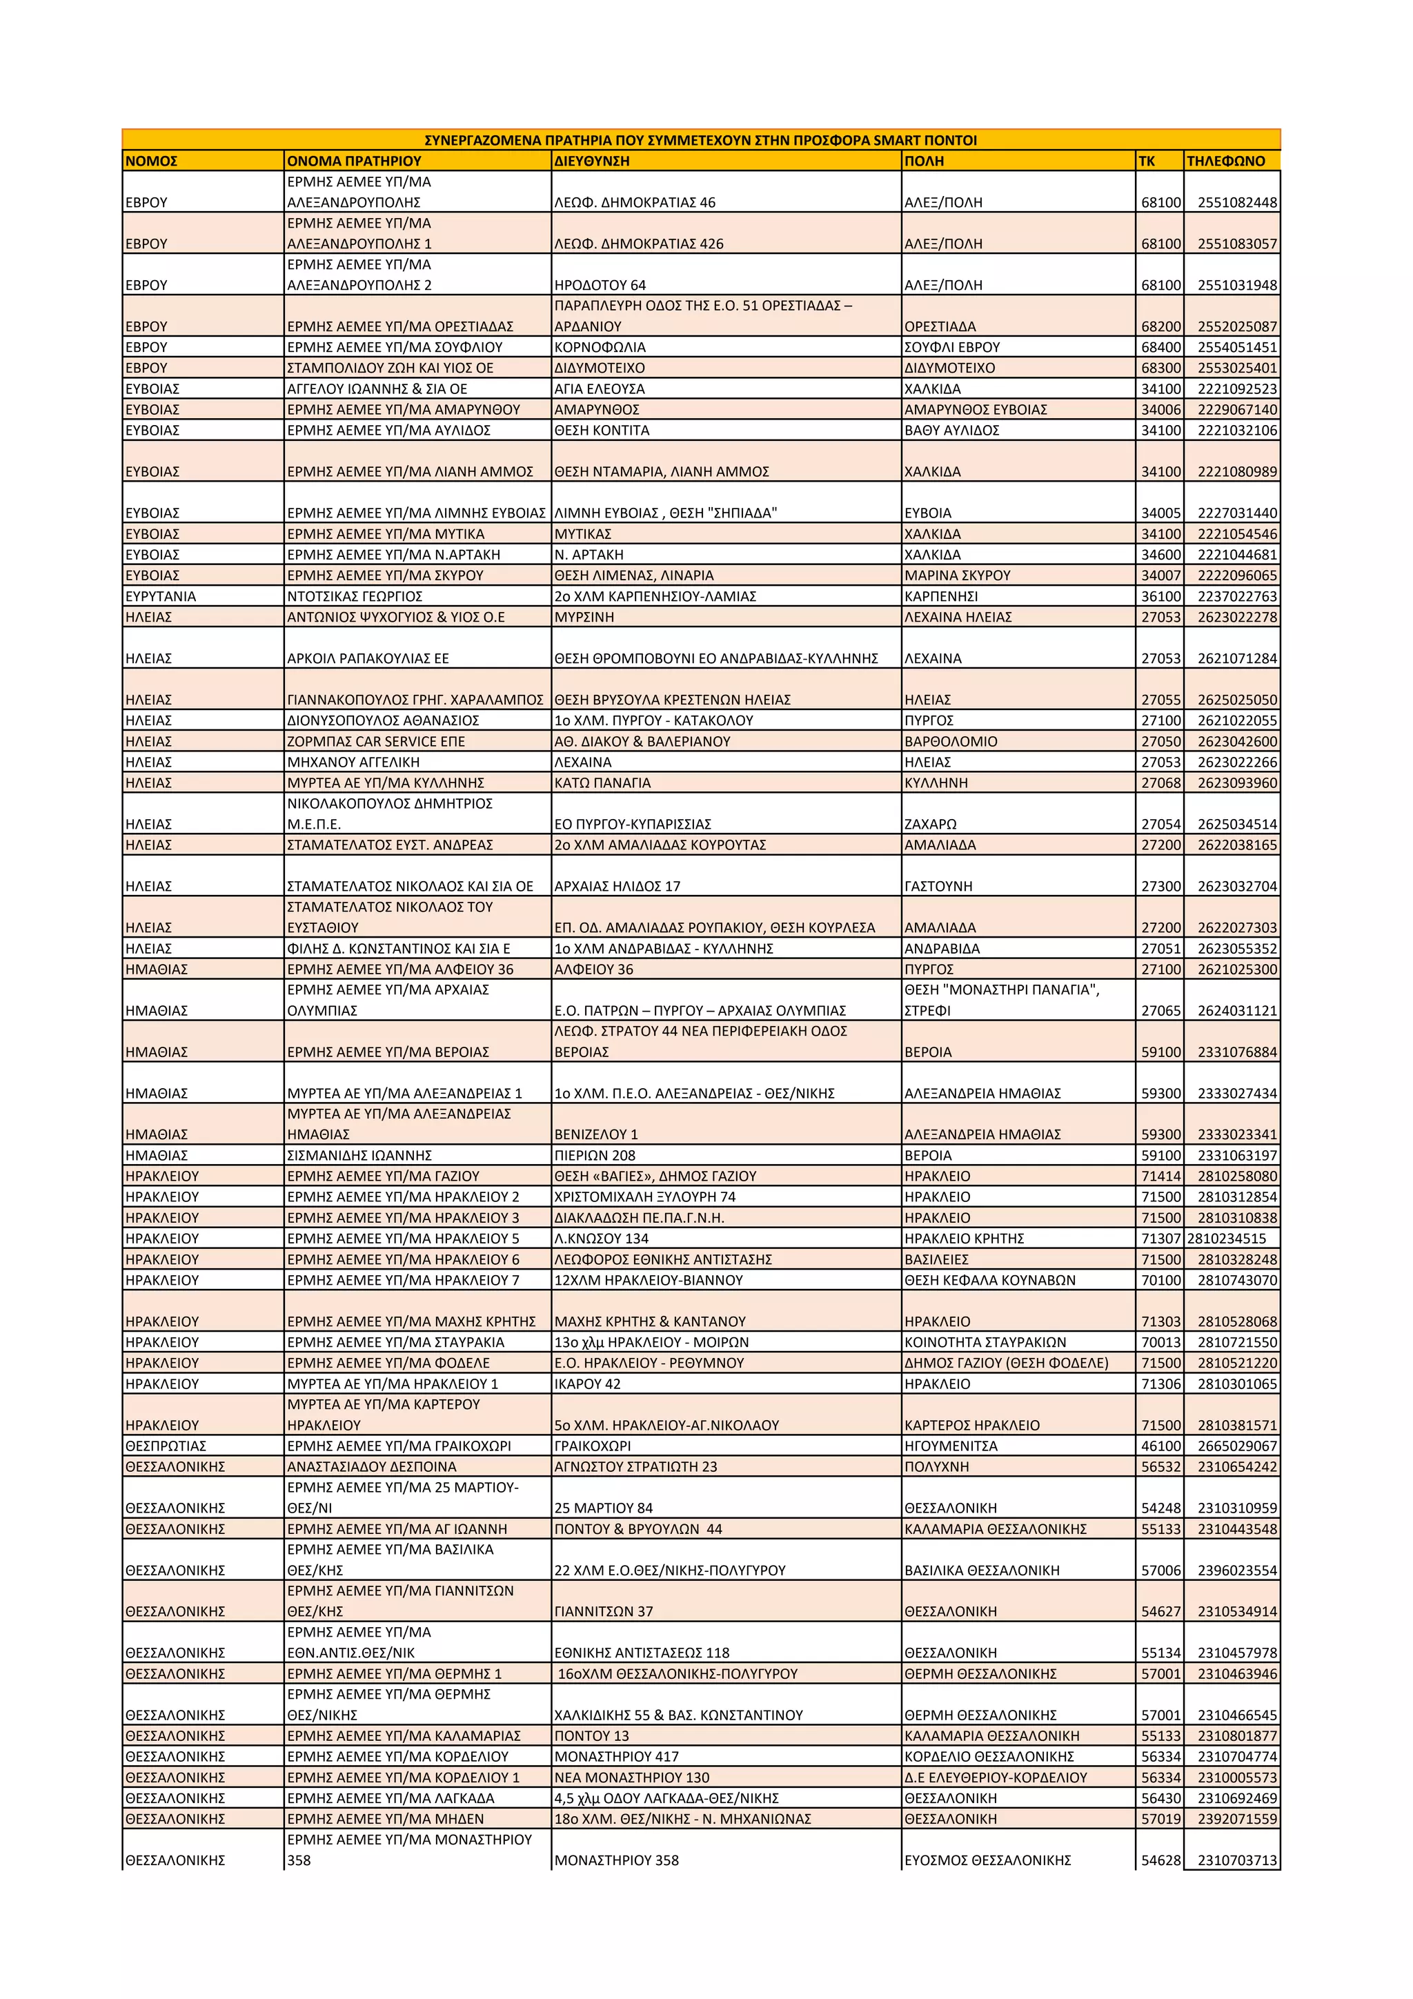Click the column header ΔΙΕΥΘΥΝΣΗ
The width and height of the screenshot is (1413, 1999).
tap(591, 161)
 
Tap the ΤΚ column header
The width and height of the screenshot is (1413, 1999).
tap(1147, 161)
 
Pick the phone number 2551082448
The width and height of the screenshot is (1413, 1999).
tap(1236, 203)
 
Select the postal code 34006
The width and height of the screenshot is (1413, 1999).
tap(1160, 410)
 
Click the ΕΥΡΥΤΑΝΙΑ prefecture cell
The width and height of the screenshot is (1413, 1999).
tap(160, 596)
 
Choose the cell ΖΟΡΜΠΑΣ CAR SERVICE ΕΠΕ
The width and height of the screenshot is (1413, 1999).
tap(376, 742)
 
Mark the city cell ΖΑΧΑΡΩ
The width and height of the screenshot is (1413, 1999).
tap(930, 825)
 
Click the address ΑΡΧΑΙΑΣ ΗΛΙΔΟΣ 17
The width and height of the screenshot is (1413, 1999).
tap(617, 886)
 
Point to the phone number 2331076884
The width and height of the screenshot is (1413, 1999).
tap(1236, 1052)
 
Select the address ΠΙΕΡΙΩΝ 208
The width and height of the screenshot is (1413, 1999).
tap(595, 1155)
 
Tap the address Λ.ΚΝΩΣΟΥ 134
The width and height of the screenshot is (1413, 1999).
tap(602, 1239)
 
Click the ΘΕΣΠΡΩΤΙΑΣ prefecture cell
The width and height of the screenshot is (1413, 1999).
tap(166, 1446)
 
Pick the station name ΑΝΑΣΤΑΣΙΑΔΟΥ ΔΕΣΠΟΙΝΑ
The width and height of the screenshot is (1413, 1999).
tap(372, 1467)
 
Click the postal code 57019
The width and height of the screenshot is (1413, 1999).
tap(1160, 1819)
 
